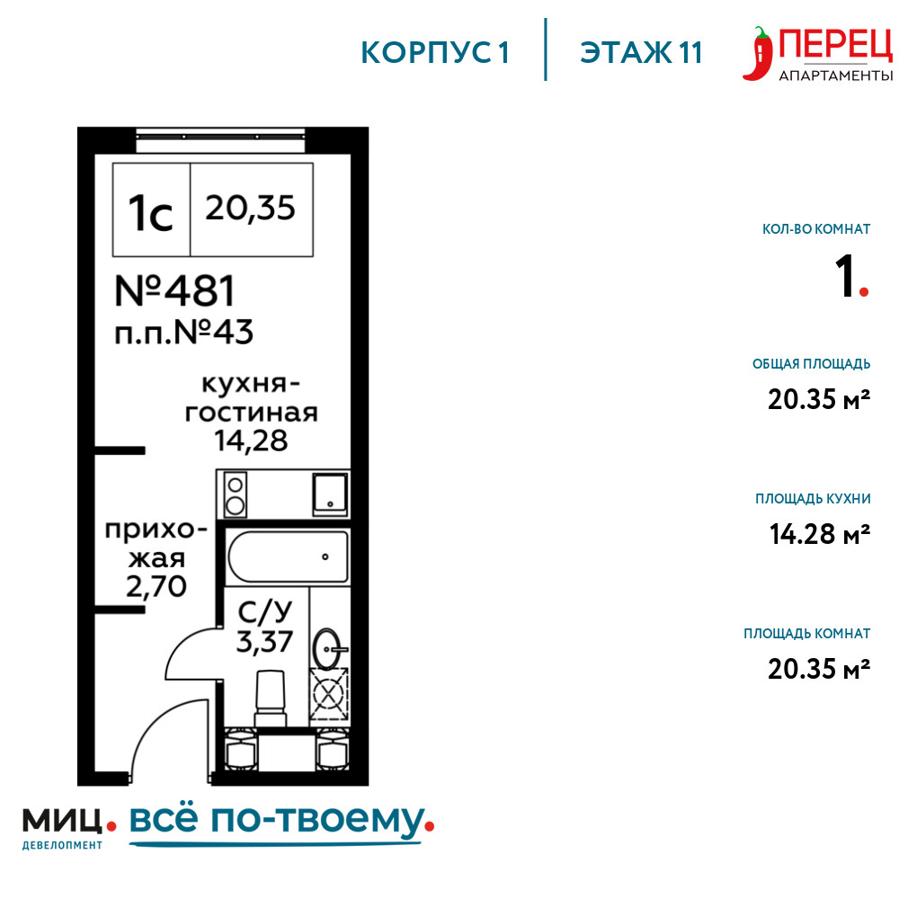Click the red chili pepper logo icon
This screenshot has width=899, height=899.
pos(757,54)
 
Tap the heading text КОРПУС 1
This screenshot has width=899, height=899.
pos(435,53)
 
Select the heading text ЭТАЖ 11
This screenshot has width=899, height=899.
pos(641,53)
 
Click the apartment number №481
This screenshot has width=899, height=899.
pos(175,290)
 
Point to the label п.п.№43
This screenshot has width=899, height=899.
pos(183,333)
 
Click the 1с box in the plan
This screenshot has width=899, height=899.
pos(151,209)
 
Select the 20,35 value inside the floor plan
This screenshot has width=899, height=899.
pos(250,208)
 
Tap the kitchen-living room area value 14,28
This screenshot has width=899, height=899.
pos(251,441)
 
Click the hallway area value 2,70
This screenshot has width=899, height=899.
pos(156,586)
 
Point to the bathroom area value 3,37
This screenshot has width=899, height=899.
pos(264,642)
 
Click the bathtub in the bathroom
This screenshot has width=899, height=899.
pos(288,556)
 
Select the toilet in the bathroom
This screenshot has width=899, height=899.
pos(270,699)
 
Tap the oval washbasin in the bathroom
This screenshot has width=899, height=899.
pos(328,649)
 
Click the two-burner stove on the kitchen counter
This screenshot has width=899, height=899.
pos(235,494)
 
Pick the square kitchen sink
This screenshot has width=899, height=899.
pos(330,494)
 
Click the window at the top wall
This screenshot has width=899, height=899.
pos(220,140)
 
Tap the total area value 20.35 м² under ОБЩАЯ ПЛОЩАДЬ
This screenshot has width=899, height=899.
pos(819,399)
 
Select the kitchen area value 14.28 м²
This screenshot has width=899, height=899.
pos(819,534)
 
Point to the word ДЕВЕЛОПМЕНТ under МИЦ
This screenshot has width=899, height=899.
pos(63,845)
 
